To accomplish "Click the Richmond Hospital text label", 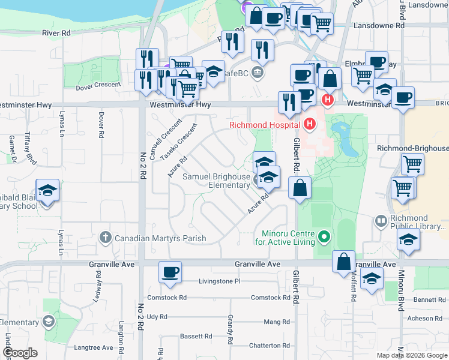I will click(265, 125).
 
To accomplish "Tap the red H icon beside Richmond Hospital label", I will click(309, 124).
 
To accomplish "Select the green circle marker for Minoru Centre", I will click(324, 238).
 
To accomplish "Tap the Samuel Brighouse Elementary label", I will click(216, 181).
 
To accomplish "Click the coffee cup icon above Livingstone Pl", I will click(170, 272).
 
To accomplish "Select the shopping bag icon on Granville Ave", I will click(343, 262).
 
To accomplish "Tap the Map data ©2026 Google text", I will click(411, 355).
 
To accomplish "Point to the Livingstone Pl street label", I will click(220, 281).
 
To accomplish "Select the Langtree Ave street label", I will click(94, 347).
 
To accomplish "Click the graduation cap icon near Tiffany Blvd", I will click(47, 190).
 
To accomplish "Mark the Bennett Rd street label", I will click(429, 299).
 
